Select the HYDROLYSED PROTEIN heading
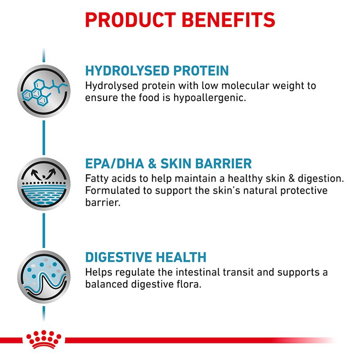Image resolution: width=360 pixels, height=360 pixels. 157,71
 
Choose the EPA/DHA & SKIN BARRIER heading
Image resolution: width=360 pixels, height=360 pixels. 168,163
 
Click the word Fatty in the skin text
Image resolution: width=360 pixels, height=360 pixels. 97,178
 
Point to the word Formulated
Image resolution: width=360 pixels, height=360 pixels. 112,190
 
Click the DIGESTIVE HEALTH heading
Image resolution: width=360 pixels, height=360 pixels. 146,257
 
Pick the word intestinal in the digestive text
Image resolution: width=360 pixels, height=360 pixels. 203,272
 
